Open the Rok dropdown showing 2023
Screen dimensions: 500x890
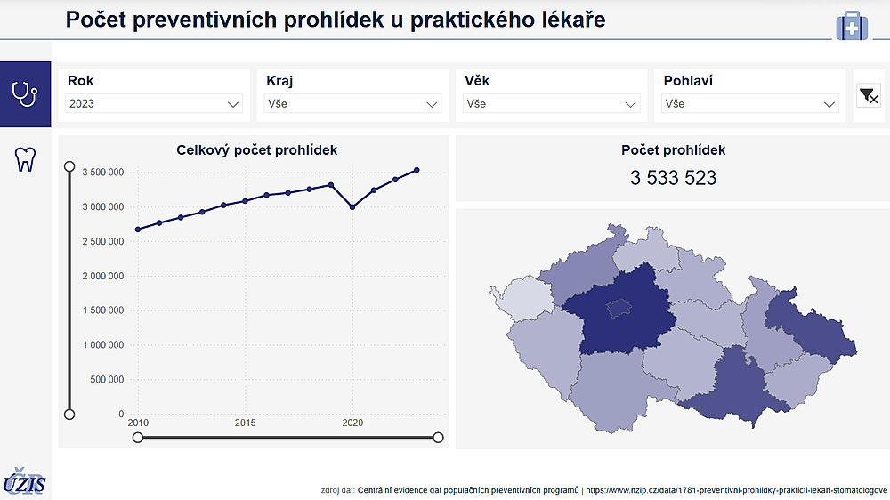click(154, 104)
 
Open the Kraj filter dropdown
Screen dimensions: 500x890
click(352, 104)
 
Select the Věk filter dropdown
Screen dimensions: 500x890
click(551, 104)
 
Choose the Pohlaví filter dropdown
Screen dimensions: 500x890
click(750, 104)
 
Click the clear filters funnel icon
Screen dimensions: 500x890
click(869, 95)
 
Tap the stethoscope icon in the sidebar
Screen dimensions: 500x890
click(25, 93)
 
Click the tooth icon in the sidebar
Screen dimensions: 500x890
click(25, 159)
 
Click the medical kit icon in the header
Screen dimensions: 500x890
click(852, 26)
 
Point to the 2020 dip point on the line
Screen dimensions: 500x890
click(352, 206)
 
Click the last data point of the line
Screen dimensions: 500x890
click(417, 170)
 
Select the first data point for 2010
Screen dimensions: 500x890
click(138, 230)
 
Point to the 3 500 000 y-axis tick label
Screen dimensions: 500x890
click(103, 173)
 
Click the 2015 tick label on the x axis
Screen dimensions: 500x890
click(246, 423)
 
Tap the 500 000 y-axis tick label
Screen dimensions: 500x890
click(108, 380)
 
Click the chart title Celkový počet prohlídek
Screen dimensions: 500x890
click(256, 150)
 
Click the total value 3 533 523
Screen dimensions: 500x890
click(673, 178)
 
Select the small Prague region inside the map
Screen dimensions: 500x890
click(618, 308)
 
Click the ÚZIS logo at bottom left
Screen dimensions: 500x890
click(24, 482)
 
